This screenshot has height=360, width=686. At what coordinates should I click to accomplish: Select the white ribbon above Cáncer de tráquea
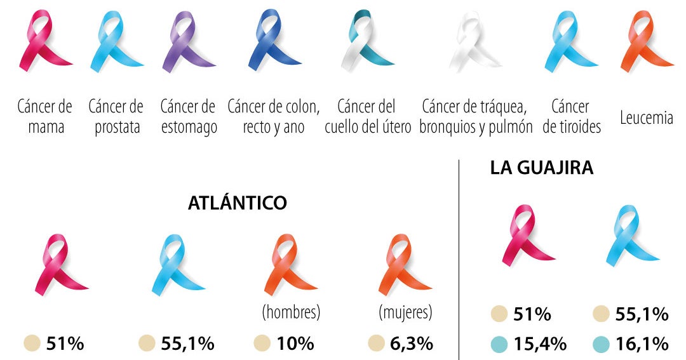pos(475,41)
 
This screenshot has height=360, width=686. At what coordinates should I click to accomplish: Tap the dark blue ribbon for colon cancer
pos(273,41)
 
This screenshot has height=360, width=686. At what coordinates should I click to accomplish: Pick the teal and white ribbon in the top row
pos(367,41)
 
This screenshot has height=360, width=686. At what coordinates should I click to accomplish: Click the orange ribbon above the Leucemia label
pos(645,41)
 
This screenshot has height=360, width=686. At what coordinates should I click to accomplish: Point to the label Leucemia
pos(646,117)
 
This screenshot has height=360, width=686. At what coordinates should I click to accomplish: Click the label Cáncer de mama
pos(45,116)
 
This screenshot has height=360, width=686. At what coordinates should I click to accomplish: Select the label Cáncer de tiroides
pos(571,116)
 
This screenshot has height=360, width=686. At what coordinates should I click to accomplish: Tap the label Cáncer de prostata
pos(116,116)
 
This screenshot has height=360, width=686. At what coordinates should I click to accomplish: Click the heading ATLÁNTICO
pos(238,203)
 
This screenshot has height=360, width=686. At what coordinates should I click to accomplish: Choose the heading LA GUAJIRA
pos(541,168)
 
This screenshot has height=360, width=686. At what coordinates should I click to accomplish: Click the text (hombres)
pos(290,313)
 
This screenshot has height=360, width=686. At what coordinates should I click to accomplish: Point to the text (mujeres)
pos(405,313)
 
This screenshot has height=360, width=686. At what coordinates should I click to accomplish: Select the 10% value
pos(295,344)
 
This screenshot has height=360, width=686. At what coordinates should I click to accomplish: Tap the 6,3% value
pos(412,344)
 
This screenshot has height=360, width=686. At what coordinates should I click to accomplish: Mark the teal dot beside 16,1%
pos(601,344)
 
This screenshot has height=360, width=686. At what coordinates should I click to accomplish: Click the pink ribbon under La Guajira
pos(527,235)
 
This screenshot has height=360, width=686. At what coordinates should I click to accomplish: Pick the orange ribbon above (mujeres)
pos(401,265)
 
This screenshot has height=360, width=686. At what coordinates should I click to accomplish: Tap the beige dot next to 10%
pos(262,344)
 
